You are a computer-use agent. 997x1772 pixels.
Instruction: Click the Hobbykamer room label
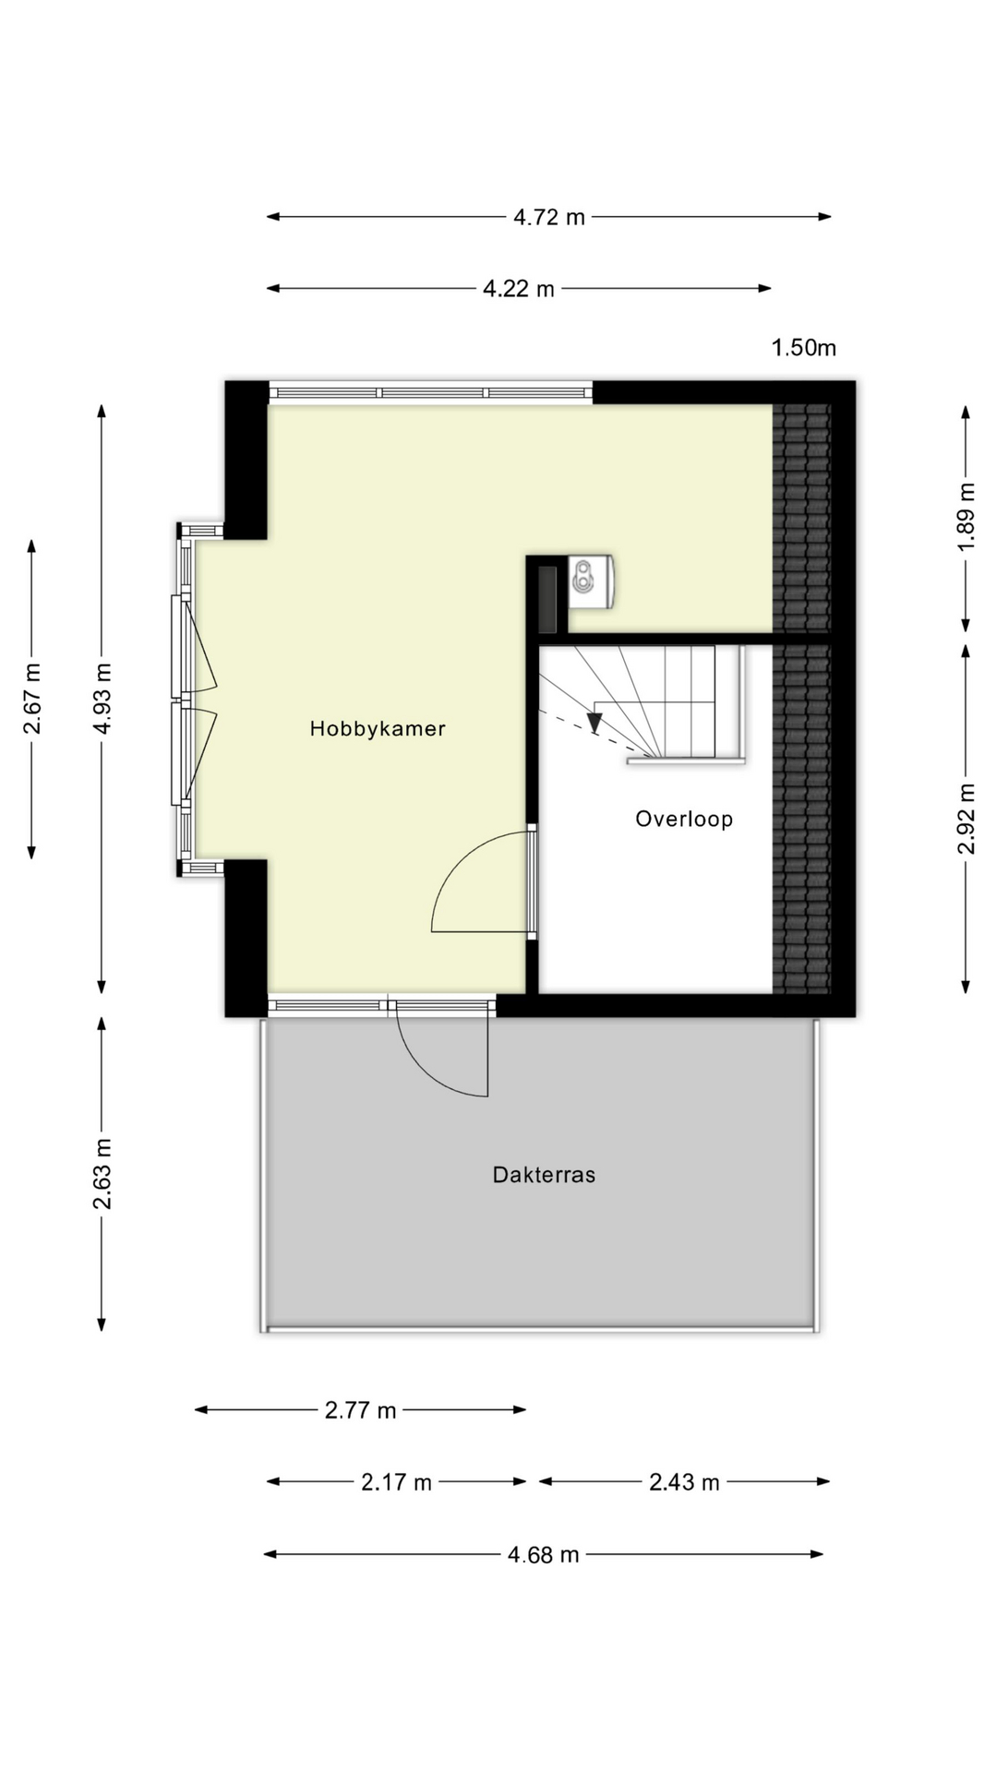(x=377, y=728)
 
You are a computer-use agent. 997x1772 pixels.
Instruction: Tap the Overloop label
(x=683, y=819)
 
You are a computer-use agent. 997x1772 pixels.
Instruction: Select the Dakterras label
(x=544, y=1175)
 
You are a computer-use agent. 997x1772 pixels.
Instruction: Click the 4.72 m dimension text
(x=548, y=217)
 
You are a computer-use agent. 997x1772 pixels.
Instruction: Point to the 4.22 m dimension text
(x=518, y=289)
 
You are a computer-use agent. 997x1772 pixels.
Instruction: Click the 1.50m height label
(x=803, y=348)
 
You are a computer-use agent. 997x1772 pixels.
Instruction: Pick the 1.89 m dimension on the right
(x=966, y=517)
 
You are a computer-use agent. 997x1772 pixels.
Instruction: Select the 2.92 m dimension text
(x=966, y=819)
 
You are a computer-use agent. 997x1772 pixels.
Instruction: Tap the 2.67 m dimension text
(x=31, y=699)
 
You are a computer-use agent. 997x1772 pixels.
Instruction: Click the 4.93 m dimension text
(x=102, y=699)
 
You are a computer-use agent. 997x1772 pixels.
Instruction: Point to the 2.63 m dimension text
(x=102, y=1174)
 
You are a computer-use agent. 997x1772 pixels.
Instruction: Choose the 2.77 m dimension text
(x=360, y=1410)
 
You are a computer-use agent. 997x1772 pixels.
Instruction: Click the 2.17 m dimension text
(x=396, y=1482)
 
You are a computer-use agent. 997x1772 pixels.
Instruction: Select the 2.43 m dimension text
(x=683, y=1482)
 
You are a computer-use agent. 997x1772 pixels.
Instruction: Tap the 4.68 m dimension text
(x=543, y=1555)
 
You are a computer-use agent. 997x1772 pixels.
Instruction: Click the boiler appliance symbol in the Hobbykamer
(x=589, y=581)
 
